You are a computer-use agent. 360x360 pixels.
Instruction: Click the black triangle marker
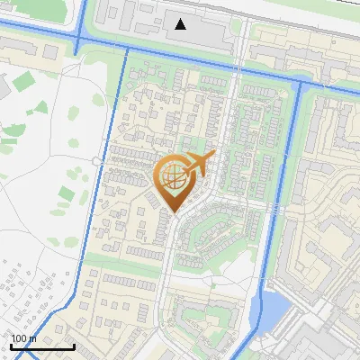coord(182,23)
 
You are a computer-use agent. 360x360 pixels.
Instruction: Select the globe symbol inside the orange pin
coord(175,178)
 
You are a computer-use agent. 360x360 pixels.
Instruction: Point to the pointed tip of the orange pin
coord(175,211)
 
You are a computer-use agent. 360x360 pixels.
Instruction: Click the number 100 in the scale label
coord(21,338)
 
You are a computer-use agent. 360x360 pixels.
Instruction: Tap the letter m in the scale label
coord(33,338)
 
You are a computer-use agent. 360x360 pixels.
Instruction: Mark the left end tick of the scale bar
coord(11,346)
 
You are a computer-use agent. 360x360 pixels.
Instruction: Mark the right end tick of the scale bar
coord(74,346)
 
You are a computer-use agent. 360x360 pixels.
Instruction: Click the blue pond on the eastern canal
coord(274,310)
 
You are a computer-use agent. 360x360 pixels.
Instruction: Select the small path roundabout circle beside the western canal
coord(96,161)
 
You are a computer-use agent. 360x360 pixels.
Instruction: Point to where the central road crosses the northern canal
coord(241,63)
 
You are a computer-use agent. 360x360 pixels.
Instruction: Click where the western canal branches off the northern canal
coord(125,49)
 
